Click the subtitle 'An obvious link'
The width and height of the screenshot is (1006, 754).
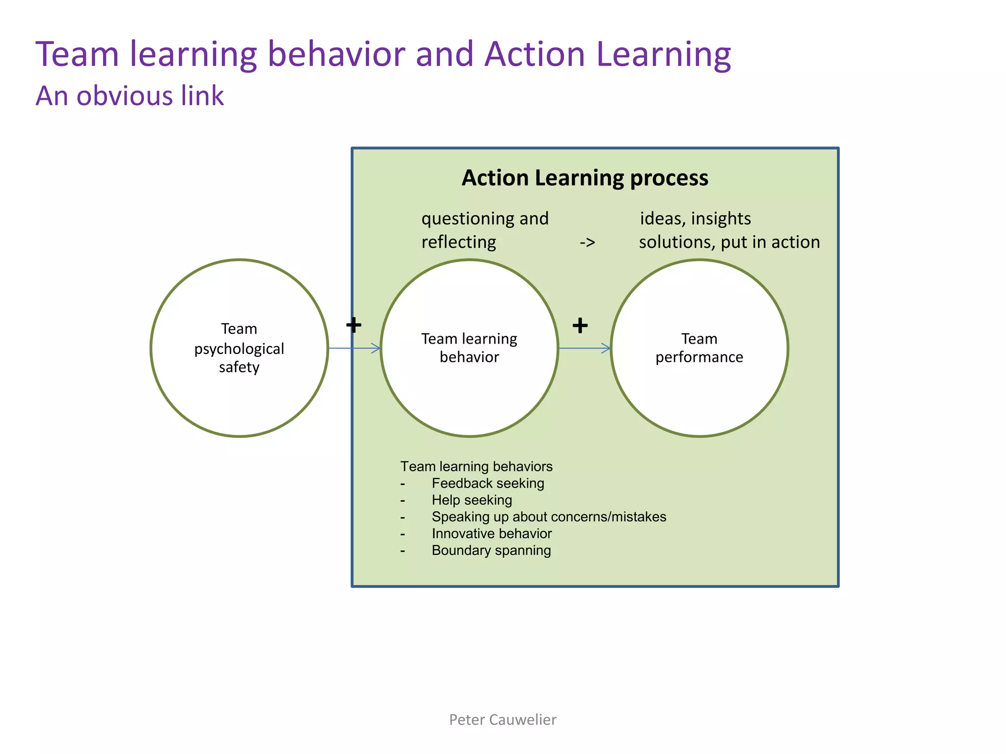tap(130, 96)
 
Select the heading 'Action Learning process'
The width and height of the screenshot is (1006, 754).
tap(585, 178)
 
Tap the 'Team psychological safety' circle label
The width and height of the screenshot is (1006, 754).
tap(239, 348)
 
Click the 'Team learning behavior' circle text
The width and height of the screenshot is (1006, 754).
tap(469, 348)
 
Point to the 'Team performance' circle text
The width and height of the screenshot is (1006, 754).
tap(699, 348)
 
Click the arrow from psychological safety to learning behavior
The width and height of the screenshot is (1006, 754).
tap(355, 349)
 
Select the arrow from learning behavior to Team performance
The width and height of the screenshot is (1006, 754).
tap(585, 349)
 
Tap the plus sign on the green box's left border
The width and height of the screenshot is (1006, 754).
tap(354, 325)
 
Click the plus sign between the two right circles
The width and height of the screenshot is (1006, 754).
tap(580, 325)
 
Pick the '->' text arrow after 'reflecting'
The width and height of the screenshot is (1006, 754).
tap(587, 242)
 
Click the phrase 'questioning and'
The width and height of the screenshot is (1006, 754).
tap(485, 219)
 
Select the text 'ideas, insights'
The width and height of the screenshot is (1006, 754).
tap(695, 219)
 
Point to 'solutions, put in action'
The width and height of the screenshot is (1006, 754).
tap(729, 242)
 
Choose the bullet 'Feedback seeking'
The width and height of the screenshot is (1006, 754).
tap(488, 484)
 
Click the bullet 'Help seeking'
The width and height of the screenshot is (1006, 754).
tap(472, 500)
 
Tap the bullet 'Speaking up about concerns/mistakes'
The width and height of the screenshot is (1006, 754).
tap(549, 517)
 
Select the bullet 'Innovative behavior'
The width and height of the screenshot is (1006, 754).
tap(492, 534)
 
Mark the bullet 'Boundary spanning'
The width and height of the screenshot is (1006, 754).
tap(491, 550)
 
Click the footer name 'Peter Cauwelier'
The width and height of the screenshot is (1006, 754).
tap(503, 720)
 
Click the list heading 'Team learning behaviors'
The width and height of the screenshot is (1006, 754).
tap(476, 466)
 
